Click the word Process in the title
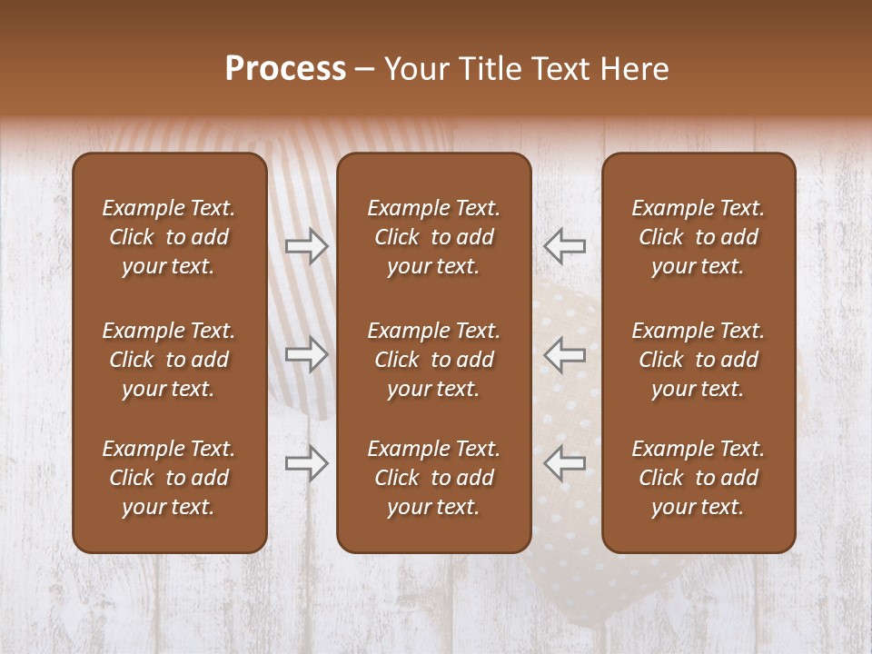pos(285,69)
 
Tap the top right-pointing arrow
pos(307,246)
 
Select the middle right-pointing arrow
pos(307,354)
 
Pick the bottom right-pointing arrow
pos(307,462)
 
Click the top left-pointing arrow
pos(564,246)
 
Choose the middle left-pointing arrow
pos(564,354)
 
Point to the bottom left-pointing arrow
pos(564,462)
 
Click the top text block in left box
pos(169,237)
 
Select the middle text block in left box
pos(169,360)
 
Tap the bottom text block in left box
pos(169,478)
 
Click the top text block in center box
pos(434,237)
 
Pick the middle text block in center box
pos(434,360)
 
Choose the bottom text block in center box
pos(434,478)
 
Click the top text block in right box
pos(699,237)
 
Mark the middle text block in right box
pos(699,360)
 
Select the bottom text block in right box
pos(699,478)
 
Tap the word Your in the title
pos(415,69)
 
